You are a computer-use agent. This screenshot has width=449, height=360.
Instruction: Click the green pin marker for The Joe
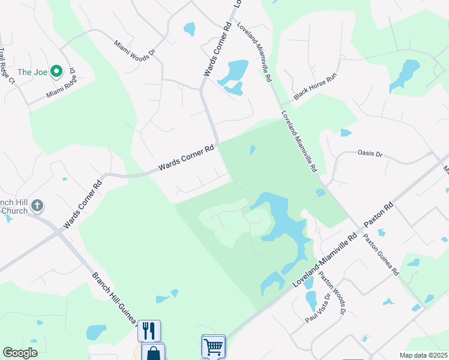click(x=57, y=72)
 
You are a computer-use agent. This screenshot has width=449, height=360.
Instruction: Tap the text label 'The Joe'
click(x=32, y=73)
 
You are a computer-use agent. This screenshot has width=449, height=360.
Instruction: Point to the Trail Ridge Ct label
click(x=7, y=65)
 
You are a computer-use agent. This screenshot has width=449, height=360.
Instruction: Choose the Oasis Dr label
click(x=370, y=154)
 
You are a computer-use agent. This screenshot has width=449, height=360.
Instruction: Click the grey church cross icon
click(x=37, y=206)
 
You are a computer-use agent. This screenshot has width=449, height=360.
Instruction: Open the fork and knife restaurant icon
click(x=148, y=331)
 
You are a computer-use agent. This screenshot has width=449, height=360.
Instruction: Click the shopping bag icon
click(x=152, y=353)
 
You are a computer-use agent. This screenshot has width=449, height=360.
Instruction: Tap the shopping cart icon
click(x=213, y=346)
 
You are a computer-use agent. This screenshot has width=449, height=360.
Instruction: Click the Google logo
click(x=20, y=353)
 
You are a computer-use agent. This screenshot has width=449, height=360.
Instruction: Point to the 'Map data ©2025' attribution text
click(x=423, y=355)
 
